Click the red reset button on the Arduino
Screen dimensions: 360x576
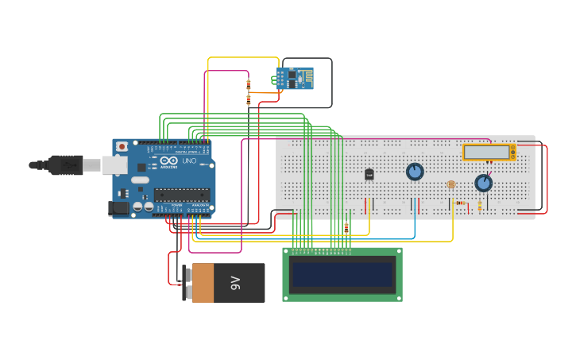click(122, 146)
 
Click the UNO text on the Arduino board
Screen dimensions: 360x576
click(189, 161)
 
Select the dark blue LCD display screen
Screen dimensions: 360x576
click(342, 275)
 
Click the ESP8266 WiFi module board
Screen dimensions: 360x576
click(294, 78)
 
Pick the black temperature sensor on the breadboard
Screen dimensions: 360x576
click(369, 174)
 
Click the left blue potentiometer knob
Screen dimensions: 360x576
click(415, 172)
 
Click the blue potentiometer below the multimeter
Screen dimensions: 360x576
click(483, 183)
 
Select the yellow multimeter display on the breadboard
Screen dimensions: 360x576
click(487, 152)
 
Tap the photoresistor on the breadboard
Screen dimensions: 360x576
click(451, 184)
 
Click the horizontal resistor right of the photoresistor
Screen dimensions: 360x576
click(461, 203)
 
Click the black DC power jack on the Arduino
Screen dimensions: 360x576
click(118, 208)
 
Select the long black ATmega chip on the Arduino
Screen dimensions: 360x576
click(182, 195)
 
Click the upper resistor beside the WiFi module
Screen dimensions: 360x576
click(248, 83)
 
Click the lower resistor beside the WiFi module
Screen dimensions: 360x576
click(248, 99)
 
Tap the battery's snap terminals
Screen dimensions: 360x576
click(187, 283)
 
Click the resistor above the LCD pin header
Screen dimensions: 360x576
click(346, 228)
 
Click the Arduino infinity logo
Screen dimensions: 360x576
click(168, 161)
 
